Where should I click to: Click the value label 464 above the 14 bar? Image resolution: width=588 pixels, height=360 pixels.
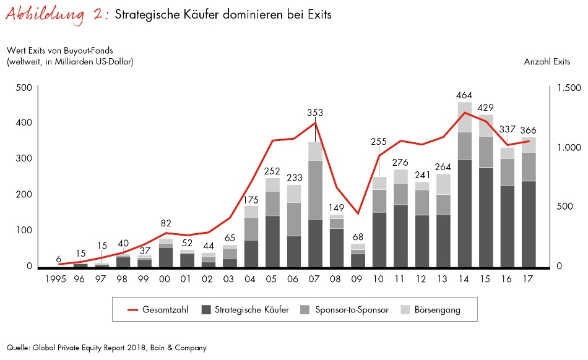465,95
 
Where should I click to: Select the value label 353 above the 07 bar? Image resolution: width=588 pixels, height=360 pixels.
316,113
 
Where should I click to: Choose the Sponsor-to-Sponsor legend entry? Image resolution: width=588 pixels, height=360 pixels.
344,310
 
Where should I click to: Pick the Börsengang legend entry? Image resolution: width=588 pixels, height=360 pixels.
431,310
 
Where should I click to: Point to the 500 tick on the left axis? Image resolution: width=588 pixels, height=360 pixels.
24,88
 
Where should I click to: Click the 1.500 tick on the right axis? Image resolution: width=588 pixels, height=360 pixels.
568,88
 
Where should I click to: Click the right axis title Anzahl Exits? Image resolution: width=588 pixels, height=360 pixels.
547,61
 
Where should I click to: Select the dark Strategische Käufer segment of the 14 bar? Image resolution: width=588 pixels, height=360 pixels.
465,213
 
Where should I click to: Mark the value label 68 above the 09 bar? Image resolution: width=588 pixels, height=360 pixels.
358,238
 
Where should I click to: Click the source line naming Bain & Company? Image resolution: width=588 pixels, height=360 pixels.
106,348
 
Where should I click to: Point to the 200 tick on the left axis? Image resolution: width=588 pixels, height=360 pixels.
24,194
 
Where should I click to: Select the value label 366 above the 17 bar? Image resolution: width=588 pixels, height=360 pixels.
528,131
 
